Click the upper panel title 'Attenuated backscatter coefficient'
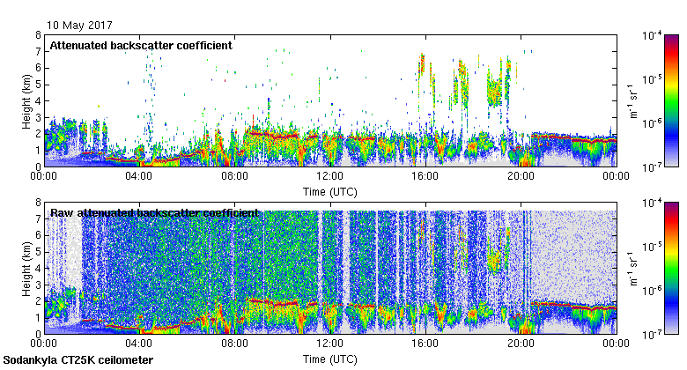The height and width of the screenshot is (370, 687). point(141,45)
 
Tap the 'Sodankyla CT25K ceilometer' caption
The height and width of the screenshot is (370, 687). point(78,360)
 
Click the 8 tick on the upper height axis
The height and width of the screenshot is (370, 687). point(38,35)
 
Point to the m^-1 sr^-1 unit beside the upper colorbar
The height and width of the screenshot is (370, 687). point(632,100)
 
